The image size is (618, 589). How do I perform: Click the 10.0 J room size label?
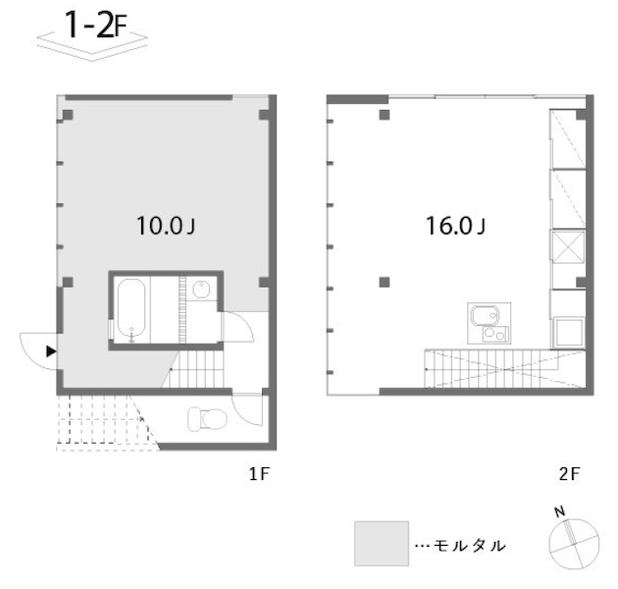166,226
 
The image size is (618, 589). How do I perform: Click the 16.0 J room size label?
455,226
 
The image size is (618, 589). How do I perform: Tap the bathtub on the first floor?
131,310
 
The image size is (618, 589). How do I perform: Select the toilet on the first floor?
207,418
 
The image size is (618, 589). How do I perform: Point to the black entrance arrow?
51,351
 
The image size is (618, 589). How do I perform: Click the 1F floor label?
259,473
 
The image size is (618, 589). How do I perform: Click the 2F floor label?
569,473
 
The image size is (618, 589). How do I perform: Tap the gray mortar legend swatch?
382,544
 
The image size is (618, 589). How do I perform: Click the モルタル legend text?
469,546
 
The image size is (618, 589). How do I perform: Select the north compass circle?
574,545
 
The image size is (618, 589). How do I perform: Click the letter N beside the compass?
560,511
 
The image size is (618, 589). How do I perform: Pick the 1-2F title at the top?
95,26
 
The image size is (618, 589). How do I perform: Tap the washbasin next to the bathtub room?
201,290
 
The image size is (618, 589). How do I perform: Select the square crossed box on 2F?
568,247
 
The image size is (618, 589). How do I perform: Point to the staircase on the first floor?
193,369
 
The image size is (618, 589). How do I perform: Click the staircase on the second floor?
504,368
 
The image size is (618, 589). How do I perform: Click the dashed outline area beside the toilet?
103,422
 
